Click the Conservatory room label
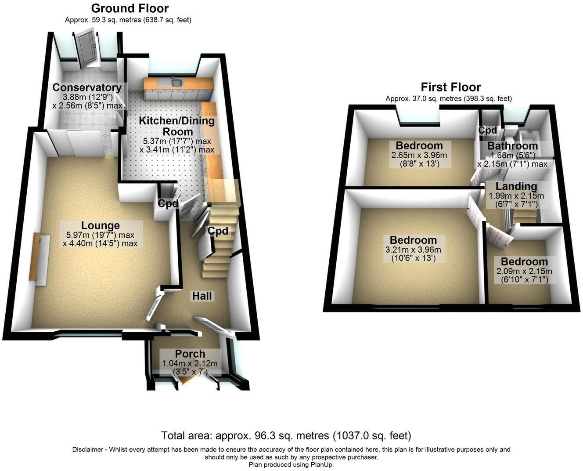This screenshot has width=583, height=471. (87, 87)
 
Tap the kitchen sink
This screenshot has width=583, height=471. (176, 82)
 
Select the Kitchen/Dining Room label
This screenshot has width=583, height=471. (177, 126)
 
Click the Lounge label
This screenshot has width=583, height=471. (101, 226)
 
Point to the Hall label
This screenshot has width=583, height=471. (202, 296)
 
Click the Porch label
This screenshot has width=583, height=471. (190, 354)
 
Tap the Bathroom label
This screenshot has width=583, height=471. (512, 146)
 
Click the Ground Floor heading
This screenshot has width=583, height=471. (130, 8)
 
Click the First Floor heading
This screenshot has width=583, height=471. (451, 87)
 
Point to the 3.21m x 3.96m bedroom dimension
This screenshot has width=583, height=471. (413, 250)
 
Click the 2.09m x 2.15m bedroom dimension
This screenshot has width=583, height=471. (524, 271)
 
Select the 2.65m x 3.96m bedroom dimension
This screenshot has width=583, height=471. (419, 156)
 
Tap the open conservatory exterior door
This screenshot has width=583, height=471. (85, 48)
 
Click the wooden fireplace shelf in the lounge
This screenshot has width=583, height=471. (35, 257)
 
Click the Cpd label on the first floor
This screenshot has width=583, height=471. (487, 130)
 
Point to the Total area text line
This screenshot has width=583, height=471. (286, 436)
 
